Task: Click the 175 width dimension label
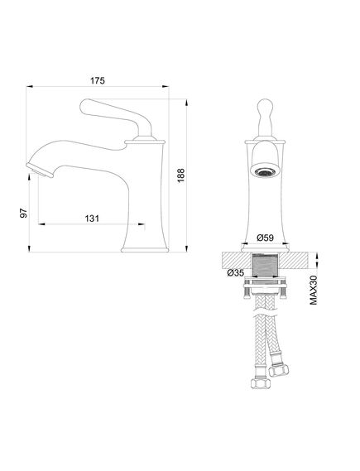pos(98,81)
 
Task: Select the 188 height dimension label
pos(180,175)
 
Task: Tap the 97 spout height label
pos(23,213)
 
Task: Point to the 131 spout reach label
pos(92,219)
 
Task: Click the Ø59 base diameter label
pos(266,238)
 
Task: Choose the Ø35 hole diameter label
pos(236,272)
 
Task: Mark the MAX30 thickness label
pos(314,290)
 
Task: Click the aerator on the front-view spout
pos(265,172)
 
